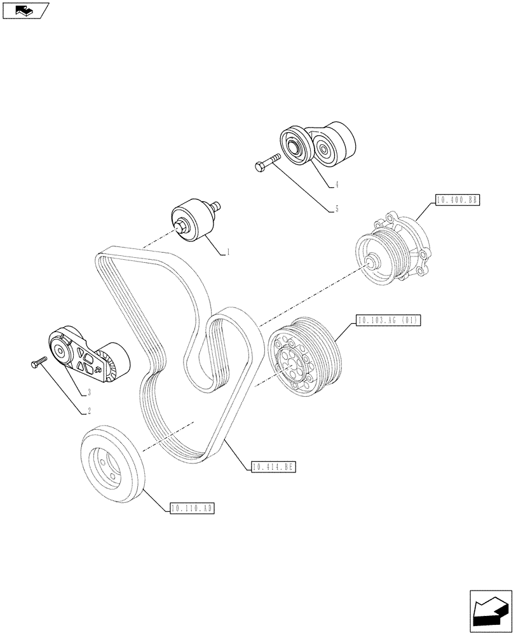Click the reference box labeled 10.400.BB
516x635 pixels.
[456, 201]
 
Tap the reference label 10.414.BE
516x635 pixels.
[274, 467]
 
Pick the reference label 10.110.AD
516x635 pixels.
[192, 508]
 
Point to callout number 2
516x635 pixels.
[88, 411]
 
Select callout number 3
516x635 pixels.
[88, 392]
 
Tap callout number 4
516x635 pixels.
[336, 185]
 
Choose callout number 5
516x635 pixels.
[336, 209]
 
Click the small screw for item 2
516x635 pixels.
[38, 363]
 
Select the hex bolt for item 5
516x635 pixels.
[268, 162]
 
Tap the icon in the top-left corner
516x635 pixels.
[25, 11]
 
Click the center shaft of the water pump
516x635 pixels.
[370, 261]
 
